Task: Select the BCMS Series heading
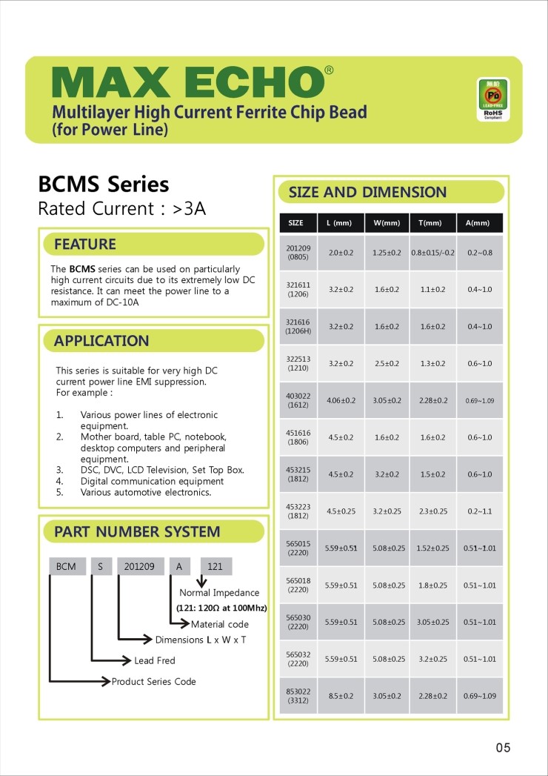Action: click(x=104, y=184)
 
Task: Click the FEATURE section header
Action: click(x=85, y=244)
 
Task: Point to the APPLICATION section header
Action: click(x=101, y=341)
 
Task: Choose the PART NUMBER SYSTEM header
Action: click(x=137, y=531)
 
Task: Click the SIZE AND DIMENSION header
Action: click(x=367, y=193)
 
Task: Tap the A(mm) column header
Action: click(x=478, y=223)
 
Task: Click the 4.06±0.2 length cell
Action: click(x=341, y=400)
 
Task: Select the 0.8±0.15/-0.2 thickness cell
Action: click(x=432, y=253)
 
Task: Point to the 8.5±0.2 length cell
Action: click(x=341, y=695)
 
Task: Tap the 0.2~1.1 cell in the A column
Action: click(x=478, y=511)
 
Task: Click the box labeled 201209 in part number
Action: click(x=139, y=566)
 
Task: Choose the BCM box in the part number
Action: click(x=66, y=566)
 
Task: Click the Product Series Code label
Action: click(x=153, y=682)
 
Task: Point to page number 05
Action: click(x=503, y=748)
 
